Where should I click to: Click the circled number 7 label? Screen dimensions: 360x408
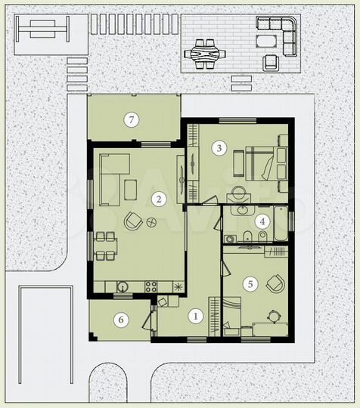(x=132, y=119)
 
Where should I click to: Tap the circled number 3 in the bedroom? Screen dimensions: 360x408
(x=219, y=148)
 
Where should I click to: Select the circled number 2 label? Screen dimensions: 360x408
(x=158, y=199)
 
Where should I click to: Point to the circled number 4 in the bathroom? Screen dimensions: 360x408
(x=262, y=221)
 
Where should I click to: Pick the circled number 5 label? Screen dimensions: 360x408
(x=250, y=284)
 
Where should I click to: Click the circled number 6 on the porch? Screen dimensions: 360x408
(x=121, y=320)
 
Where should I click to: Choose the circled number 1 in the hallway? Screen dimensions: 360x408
(x=195, y=317)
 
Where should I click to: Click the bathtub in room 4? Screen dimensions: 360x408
(x=281, y=223)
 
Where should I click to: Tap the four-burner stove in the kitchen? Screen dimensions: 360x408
(x=151, y=286)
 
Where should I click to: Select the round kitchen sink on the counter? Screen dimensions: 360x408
(x=123, y=286)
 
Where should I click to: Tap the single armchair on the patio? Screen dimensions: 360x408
(x=271, y=63)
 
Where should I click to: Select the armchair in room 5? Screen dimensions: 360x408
(x=275, y=284)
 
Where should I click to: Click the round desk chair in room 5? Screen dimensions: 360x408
(x=273, y=317)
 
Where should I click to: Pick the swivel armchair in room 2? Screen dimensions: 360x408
(x=133, y=221)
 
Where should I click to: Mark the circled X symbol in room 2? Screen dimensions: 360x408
(x=151, y=222)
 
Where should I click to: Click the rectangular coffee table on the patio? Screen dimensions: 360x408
(x=266, y=41)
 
